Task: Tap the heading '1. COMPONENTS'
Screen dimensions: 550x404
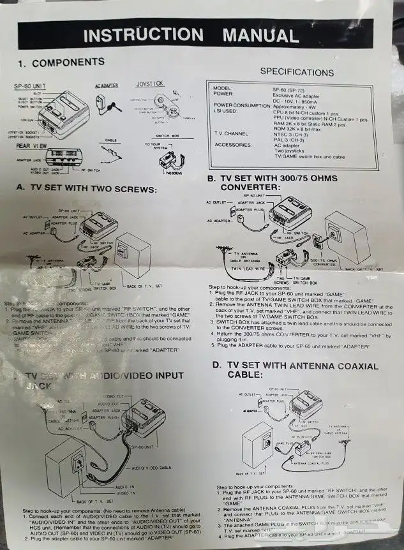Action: pyautogui.click(x=61, y=63)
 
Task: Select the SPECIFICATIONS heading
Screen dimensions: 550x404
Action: pyautogui.click(x=296, y=71)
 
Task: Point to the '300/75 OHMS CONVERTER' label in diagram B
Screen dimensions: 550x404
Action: pyautogui.click(x=321, y=263)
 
